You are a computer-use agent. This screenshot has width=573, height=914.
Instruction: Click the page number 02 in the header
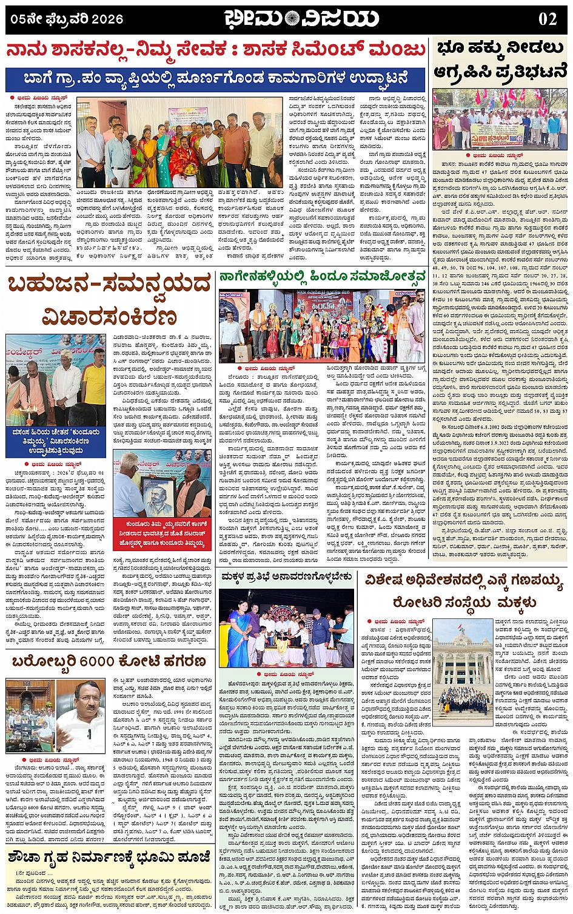point(547,19)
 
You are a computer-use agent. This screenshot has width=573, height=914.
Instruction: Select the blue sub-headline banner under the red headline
point(215,79)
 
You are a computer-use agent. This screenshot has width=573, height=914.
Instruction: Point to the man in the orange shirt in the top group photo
point(236,149)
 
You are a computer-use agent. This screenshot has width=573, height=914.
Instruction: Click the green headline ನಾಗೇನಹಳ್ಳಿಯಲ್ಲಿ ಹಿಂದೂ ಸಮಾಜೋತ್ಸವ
point(323,279)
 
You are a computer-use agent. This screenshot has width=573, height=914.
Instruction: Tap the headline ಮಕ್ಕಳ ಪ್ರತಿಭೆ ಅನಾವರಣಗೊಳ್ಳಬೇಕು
point(286,575)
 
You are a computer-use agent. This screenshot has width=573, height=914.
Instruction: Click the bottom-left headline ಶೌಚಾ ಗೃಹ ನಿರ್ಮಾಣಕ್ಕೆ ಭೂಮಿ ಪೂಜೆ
point(109,858)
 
